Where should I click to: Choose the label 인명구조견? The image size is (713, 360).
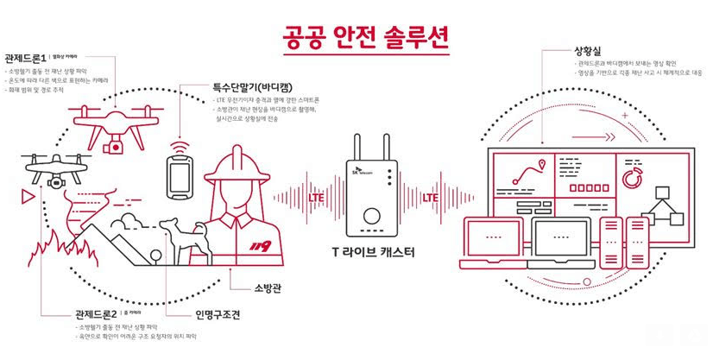(213, 315)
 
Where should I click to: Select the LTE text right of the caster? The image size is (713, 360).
(432, 198)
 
